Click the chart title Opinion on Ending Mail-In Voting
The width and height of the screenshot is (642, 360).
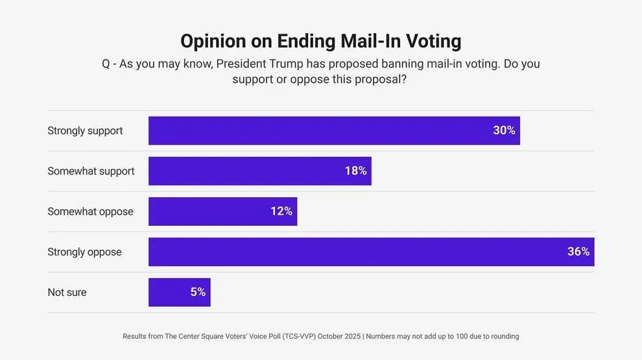click(320, 41)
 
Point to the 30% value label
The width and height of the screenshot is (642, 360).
click(504, 130)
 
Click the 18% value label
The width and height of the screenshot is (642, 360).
click(355, 171)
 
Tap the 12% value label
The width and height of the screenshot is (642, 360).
click(281, 211)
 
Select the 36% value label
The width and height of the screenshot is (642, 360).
click(578, 252)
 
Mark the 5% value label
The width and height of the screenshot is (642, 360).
click(198, 293)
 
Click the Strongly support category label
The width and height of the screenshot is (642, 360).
click(85, 130)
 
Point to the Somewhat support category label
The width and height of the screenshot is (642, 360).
click(91, 171)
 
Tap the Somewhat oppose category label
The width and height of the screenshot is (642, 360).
click(90, 211)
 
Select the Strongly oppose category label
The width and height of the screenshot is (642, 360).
click(84, 252)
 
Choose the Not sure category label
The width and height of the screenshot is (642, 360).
click(67, 293)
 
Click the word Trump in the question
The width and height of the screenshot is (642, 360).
click(283, 64)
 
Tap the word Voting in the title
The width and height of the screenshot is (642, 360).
click(433, 41)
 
